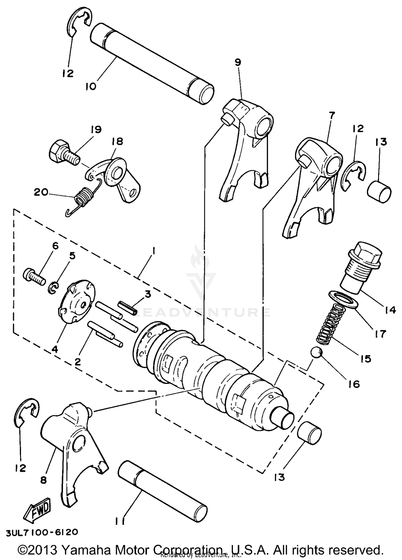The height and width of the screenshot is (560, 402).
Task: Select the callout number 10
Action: [91, 87]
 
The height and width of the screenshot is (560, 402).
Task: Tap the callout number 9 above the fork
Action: [238, 62]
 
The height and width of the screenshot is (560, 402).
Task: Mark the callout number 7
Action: [332, 116]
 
